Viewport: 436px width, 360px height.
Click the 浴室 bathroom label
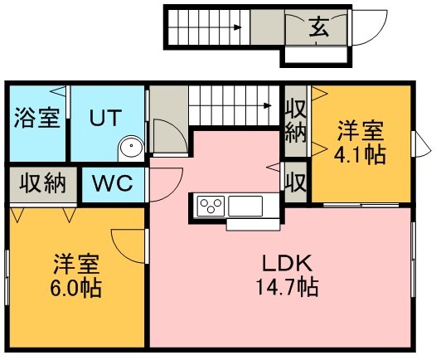click(37, 118)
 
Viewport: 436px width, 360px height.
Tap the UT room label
click(105, 118)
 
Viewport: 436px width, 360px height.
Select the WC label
click(113, 183)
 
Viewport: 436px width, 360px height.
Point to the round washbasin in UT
click(131, 147)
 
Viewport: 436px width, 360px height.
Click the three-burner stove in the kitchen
click(211, 206)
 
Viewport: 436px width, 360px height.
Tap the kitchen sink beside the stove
click(245, 206)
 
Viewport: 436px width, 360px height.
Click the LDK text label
click(288, 263)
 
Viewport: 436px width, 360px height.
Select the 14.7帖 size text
click(288, 287)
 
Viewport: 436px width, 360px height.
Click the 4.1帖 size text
click(360, 154)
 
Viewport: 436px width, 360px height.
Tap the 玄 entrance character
click(319, 27)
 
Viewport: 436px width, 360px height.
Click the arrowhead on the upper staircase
click(237, 27)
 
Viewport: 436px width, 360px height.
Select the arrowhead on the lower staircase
click(268, 105)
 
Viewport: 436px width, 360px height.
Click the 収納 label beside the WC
click(43, 183)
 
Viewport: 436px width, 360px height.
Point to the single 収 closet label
click(296, 182)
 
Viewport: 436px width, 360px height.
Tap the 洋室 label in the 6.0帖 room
click(76, 265)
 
